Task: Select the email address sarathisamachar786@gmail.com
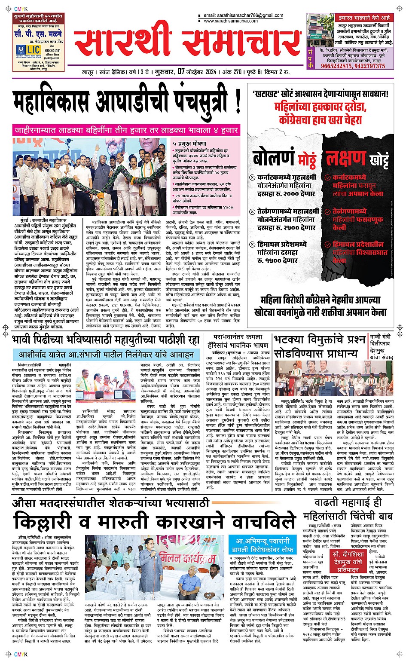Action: (244, 15)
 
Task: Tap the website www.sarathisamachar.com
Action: (231, 21)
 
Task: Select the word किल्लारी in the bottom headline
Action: (43, 522)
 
